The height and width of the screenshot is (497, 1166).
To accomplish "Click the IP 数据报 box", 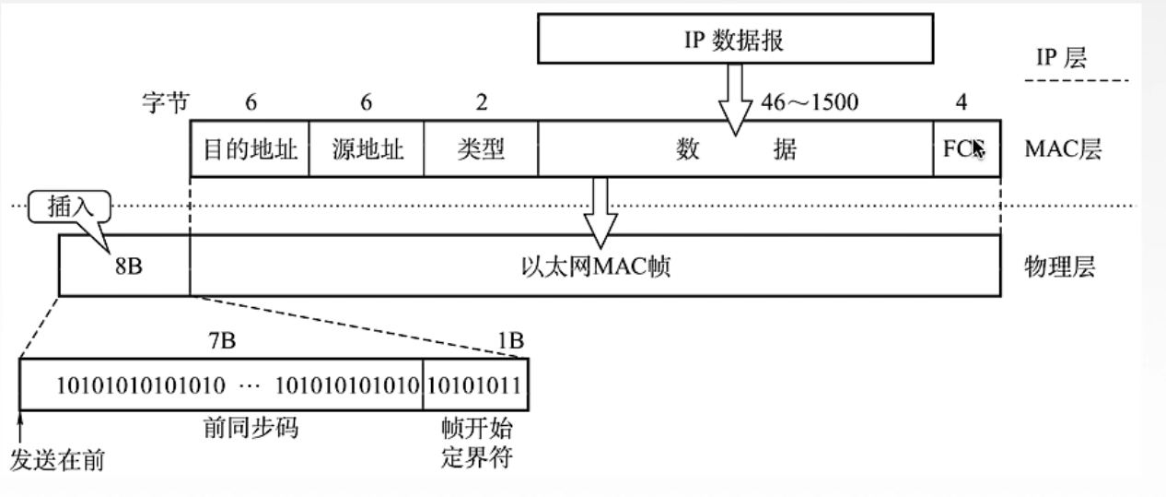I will coord(734,41).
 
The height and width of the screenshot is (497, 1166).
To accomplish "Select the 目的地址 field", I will coord(250,148).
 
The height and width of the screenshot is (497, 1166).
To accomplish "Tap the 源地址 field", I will coord(367,148).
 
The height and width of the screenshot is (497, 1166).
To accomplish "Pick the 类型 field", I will coord(480,148).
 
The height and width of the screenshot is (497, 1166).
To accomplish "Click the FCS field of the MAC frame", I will coord(963,148).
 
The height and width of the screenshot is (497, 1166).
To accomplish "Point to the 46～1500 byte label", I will coord(810,102).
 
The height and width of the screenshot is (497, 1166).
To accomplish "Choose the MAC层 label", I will coord(1062,149).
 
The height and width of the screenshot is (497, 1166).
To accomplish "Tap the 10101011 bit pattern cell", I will coord(475,384).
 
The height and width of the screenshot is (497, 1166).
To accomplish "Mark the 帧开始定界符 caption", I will coord(476,442).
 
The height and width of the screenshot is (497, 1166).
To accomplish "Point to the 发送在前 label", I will coord(56,458).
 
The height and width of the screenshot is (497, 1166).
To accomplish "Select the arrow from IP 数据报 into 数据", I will coord(734,101).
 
